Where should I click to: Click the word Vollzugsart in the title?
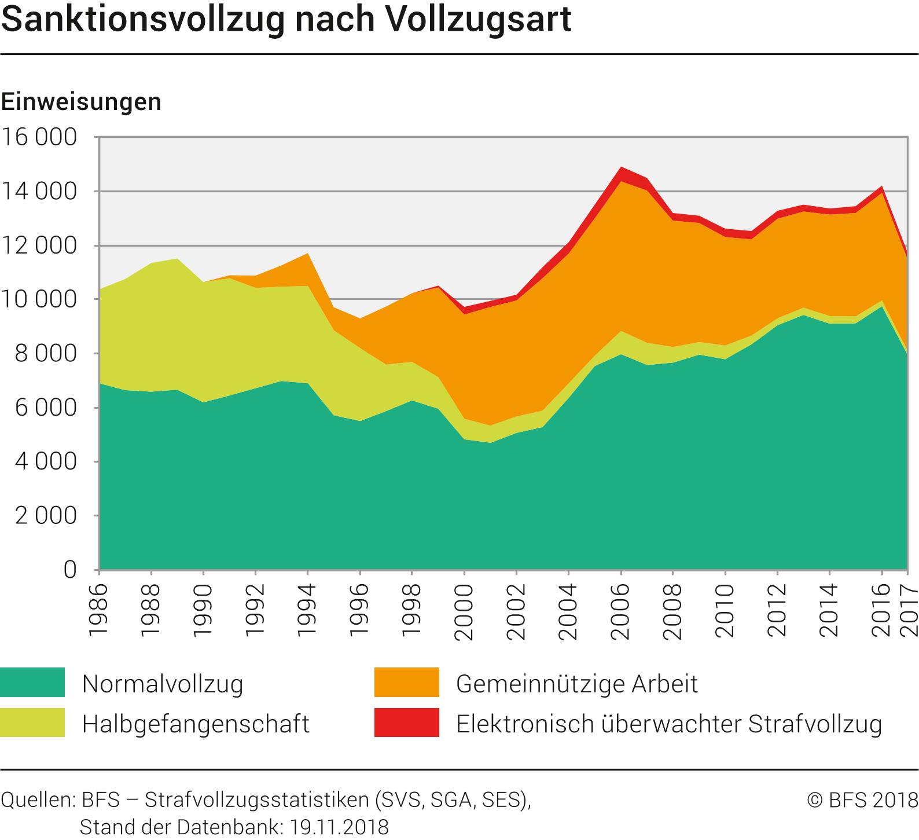click(x=478, y=20)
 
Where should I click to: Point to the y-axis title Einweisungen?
click(x=81, y=102)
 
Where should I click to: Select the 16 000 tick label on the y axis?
click(x=39, y=137)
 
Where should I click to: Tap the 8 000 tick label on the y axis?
click(x=46, y=353)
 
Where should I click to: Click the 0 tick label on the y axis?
click(x=70, y=570)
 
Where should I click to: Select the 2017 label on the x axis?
click(x=909, y=611)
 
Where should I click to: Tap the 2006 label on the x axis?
click(x=620, y=611)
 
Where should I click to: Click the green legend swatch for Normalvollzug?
click(x=32, y=682)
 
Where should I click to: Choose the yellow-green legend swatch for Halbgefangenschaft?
click(x=32, y=722)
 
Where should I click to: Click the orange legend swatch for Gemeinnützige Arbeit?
click(x=406, y=682)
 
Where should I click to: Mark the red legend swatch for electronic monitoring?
click(x=406, y=722)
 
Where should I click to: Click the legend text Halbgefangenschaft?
click(x=196, y=724)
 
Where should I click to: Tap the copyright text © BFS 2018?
click(x=862, y=800)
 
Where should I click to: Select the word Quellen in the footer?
click(x=38, y=800)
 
